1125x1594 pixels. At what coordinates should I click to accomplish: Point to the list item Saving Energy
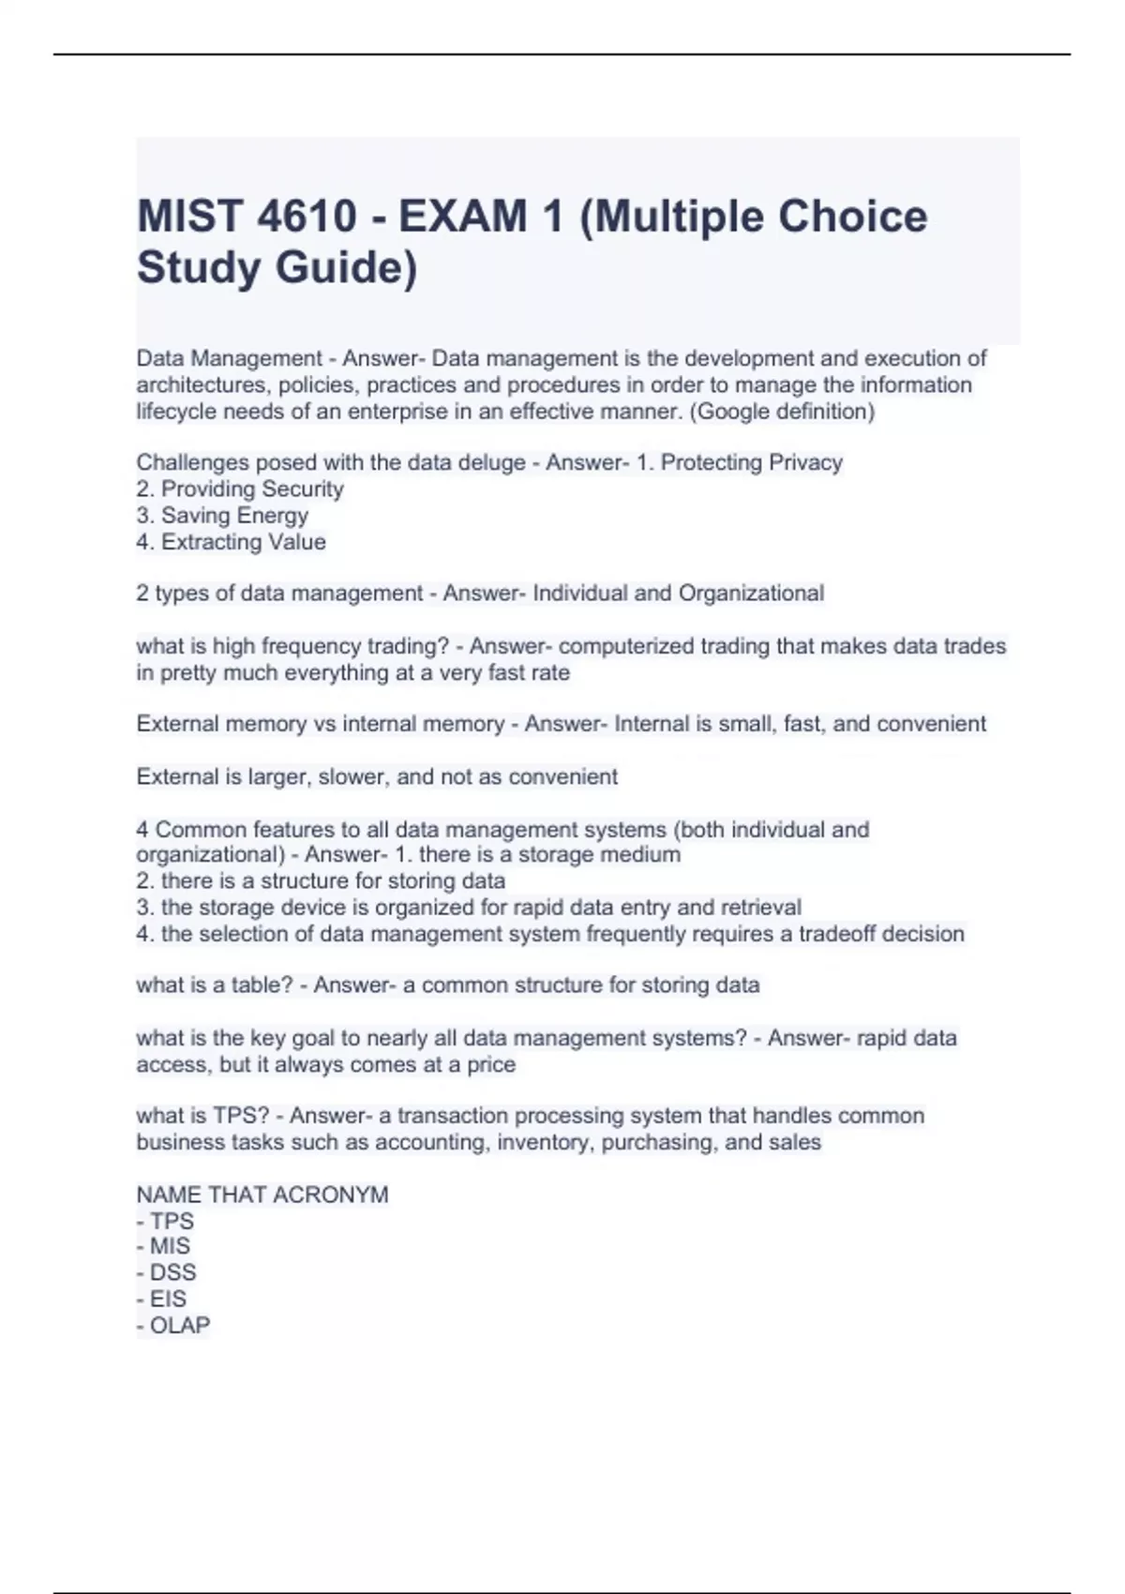(x=234, y=515)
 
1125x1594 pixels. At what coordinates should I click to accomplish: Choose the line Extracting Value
(x=243, y=541)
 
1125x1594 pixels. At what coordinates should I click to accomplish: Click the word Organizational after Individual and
(x=751, y=593)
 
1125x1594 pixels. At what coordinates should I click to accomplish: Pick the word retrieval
(x=759, y=907)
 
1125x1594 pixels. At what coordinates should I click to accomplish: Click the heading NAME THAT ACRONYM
(x=262, y=1195)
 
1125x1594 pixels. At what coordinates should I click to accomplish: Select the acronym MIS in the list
(x=170, y=1246)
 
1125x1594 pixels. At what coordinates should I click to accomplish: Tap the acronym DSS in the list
(x=172, y=1272)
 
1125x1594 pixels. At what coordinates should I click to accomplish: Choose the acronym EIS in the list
(x=168, y=1299)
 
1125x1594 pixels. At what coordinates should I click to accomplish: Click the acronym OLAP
(x=179, y=1325)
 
